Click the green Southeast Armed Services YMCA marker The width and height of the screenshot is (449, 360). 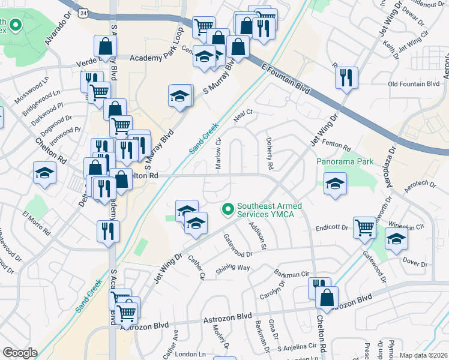[228, 209]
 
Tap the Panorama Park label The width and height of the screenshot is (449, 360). [345, 161]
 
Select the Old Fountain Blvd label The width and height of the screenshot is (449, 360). [414, 85]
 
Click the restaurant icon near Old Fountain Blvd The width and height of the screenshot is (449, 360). [346, 77]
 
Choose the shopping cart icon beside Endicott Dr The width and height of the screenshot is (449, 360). [364, 227]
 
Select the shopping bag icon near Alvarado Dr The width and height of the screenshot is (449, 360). [105, 46]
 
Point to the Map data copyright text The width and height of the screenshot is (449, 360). [423, 355]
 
